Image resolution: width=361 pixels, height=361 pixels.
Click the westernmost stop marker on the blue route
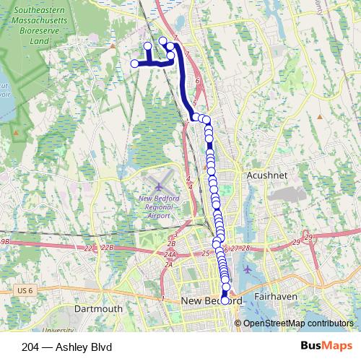(x=134, y=64)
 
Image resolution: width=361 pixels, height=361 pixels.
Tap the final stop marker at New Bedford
(x=225, y=300)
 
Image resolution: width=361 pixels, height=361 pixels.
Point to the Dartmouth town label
(x=99, y=308)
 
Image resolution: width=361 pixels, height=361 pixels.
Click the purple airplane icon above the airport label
(x=158, y=188)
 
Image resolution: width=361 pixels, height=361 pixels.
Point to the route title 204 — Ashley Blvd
(x=56, y=347)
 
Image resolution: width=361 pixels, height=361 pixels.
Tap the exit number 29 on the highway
(x=308, y=238)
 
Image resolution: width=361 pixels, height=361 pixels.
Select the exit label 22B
(x=107, y=248)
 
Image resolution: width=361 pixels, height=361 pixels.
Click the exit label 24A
(x=170, y=255)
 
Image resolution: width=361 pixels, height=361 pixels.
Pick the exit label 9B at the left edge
(x=6, y=242)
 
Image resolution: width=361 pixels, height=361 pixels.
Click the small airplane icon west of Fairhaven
(x=248, y=269)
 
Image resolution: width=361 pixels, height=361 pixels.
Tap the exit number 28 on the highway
(x=245, y=248)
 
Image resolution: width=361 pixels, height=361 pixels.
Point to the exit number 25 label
(x=206, y=253)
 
